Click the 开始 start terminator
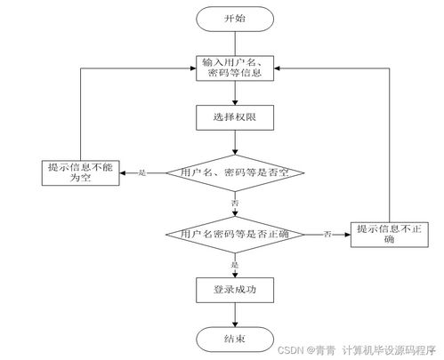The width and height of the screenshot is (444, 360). click(234, 19)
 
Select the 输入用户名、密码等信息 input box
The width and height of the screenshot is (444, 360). click(235, 68)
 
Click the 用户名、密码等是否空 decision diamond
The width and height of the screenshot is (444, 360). click(235, 172)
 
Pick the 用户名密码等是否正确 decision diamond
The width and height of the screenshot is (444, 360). click(235, 235)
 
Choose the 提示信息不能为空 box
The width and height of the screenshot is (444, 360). click(81, 172)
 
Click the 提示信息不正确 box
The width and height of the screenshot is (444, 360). click(390, 234)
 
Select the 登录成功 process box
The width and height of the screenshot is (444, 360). click(235, 289)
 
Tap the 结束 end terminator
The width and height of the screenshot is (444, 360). click(235, 338)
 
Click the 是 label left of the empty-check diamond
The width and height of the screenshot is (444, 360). click(142, 172)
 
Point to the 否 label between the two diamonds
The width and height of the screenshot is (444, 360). click(235, 204)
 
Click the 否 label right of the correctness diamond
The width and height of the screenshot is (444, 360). click(327, 235)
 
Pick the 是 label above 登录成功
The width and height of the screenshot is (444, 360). click(235, 265)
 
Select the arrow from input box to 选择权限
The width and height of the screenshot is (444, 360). click(235, 92)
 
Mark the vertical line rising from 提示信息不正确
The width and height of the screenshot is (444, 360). click(390, 142)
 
